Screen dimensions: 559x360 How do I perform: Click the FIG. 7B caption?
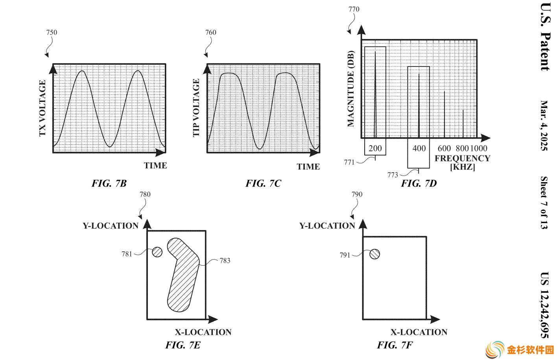(x=109, y=183)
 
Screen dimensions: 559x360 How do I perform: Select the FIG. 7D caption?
(x=419, y=183)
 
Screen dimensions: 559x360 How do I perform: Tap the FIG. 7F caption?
(x=395, y=345)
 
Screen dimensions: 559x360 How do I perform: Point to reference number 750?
(x=52, y=32)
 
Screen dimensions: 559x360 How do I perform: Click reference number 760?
(x=210, y=32)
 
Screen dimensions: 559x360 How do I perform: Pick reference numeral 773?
(x=393, y=175)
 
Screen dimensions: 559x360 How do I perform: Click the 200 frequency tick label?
(x=375, y=148)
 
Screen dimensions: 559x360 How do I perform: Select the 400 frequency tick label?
(x=419, y=148)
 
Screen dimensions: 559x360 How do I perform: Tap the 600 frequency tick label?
(x=444, y=148)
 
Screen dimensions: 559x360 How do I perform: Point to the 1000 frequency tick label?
(x=479, y=148)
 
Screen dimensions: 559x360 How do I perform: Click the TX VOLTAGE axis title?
(x=42, y=108)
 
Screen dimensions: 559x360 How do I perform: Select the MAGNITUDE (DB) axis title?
(x=351, y=89)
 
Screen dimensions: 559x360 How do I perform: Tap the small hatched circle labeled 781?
(x=157, y=252)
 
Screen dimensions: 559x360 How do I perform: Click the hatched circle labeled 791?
(x=375, y=254)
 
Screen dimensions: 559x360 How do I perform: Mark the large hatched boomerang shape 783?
(x=183, y=275)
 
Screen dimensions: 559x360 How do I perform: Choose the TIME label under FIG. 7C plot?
(x=308, y=166)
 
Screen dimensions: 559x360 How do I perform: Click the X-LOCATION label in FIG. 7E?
(x=203, y=332)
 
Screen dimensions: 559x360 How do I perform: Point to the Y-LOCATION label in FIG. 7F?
(x=327, y=226)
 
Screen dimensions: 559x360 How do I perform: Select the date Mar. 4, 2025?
(x=544, y=126)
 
